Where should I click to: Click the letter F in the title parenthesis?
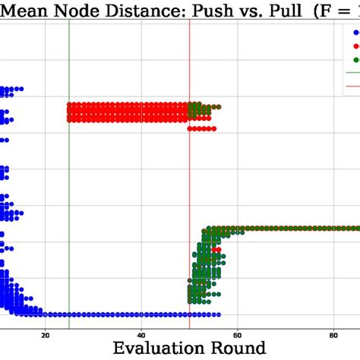[x=327, y=11]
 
